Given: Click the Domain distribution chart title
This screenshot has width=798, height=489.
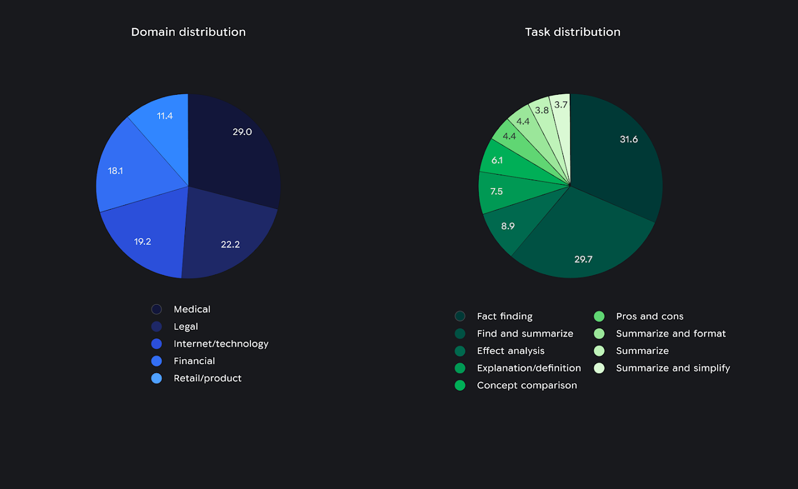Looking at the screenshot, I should coord(188,32).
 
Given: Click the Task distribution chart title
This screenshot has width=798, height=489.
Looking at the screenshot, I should coord(572,32).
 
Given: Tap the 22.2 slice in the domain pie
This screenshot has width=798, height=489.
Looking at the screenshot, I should coord(227,238).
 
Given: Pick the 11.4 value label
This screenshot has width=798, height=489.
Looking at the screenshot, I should coord(165,116).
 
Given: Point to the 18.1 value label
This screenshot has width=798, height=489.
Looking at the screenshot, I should coord(115,171).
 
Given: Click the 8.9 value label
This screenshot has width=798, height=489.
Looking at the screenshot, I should coord(508,226).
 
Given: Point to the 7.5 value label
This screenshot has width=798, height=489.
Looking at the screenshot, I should coord(497,191).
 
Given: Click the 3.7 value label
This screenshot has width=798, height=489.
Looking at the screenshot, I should coord(561,105).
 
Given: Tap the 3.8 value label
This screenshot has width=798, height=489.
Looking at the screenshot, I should coord(541,110).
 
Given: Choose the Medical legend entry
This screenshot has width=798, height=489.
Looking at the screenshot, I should coord(192,309).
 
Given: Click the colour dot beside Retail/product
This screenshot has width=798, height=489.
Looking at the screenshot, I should coord(157,378).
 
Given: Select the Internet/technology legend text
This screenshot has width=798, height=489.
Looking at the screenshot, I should coord(221,344).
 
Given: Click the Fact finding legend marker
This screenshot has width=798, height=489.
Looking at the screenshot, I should coord(460,316).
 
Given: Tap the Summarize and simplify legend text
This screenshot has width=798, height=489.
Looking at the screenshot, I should coord(673,368).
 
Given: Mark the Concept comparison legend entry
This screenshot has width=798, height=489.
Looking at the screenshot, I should coord(526,385).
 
